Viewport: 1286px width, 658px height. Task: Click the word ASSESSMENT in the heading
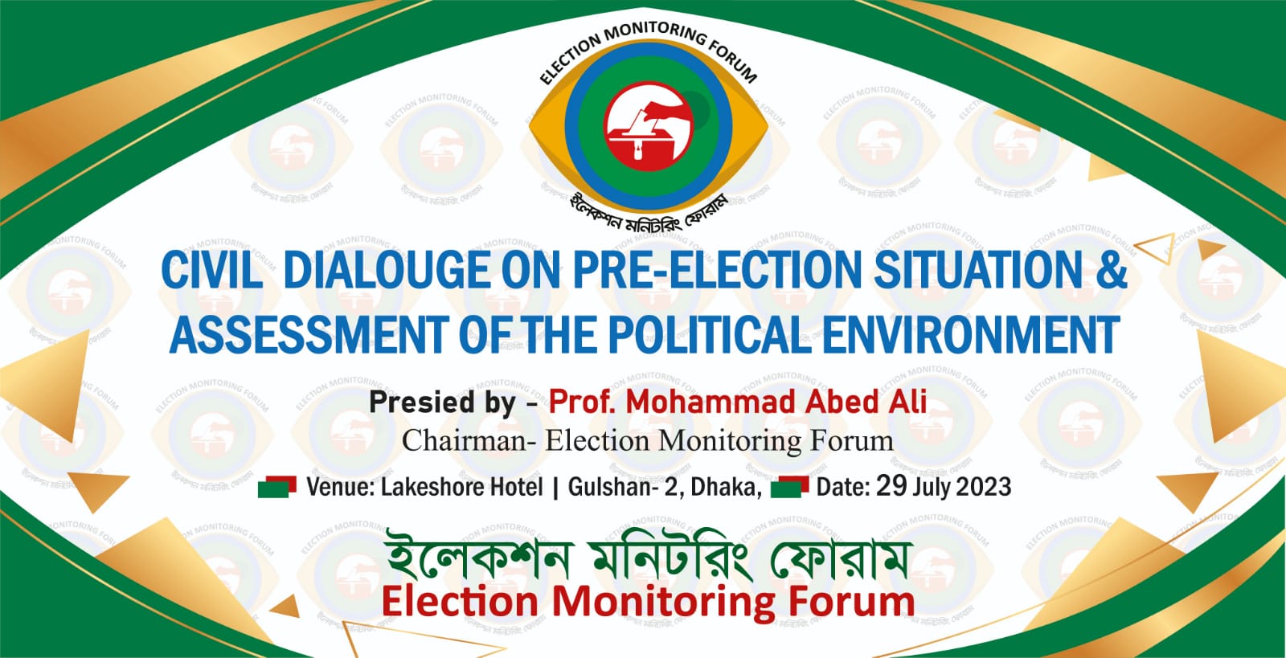(309, 335)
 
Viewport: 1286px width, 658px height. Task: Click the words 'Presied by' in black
(442, 402)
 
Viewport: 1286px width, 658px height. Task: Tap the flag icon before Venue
(277, 487)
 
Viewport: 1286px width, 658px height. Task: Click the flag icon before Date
(789, 487)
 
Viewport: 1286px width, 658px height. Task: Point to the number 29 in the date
(891, 486)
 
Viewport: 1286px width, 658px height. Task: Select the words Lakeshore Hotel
(461, 487)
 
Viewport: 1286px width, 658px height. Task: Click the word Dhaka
(727, 488)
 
